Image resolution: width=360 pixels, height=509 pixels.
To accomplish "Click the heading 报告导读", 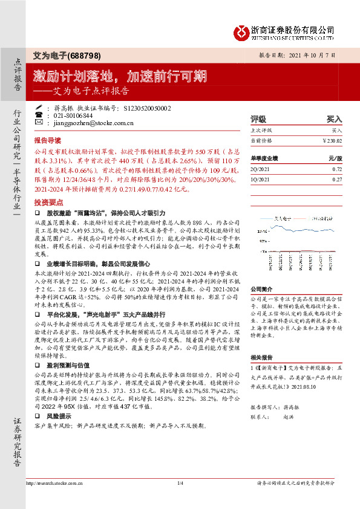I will (x=48, y=138).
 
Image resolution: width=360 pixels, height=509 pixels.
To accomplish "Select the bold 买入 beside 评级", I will (x=335, y=120).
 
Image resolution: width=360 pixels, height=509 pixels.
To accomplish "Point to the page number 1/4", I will (x=180, y=499).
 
